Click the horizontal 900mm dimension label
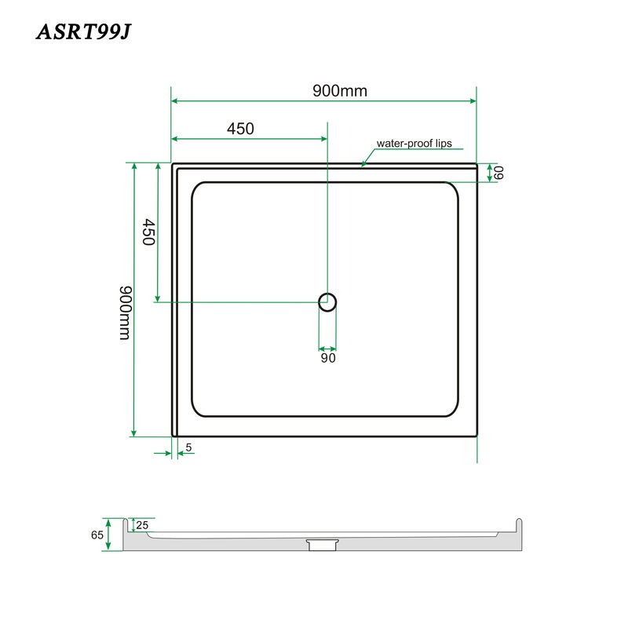[339, 90]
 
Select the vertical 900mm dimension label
[124, 312]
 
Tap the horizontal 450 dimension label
[240, 129]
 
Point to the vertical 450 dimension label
[147, 233]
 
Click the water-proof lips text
[414, 144]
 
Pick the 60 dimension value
[498, 173]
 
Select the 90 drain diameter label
[327, 359]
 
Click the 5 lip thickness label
[189, 448]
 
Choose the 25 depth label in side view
[142, 524]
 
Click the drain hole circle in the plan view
[327, 301]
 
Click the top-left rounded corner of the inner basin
[197, 188]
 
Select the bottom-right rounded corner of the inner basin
[452, 411]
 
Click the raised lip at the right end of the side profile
[517, 524]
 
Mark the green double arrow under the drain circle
[327, 348]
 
